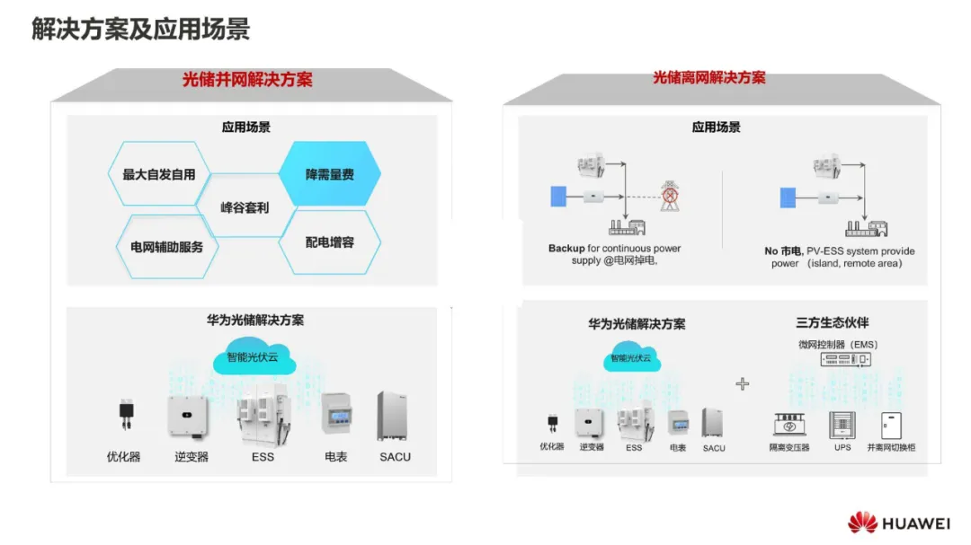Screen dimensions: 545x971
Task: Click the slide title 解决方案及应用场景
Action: click(x=140, y=30)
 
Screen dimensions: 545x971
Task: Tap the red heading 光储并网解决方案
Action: click(x=247, y=80)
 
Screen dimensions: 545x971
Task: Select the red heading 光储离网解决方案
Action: click(x=708, y=78)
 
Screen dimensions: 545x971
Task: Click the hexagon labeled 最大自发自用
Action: click(x=159, y=174)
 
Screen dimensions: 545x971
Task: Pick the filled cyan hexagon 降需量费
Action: click(x=329, y=174)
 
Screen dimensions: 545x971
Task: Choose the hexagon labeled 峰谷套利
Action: click(x=245, y=207)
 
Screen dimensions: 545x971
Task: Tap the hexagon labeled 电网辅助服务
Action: click(x=167, y=246)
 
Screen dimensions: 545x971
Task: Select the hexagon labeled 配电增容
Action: click(x=329, y=242)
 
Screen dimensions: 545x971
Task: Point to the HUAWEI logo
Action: click(x=899, y=523)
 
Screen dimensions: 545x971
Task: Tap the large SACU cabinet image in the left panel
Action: click(x=394, y=416)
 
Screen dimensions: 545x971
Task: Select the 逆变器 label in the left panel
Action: click(x=191, y=456)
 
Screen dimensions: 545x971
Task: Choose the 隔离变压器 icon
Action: click(x=788, y=426)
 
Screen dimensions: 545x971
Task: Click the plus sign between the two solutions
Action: click(x=742, y=383)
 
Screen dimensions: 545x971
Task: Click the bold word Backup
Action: click(x=566, y=249)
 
